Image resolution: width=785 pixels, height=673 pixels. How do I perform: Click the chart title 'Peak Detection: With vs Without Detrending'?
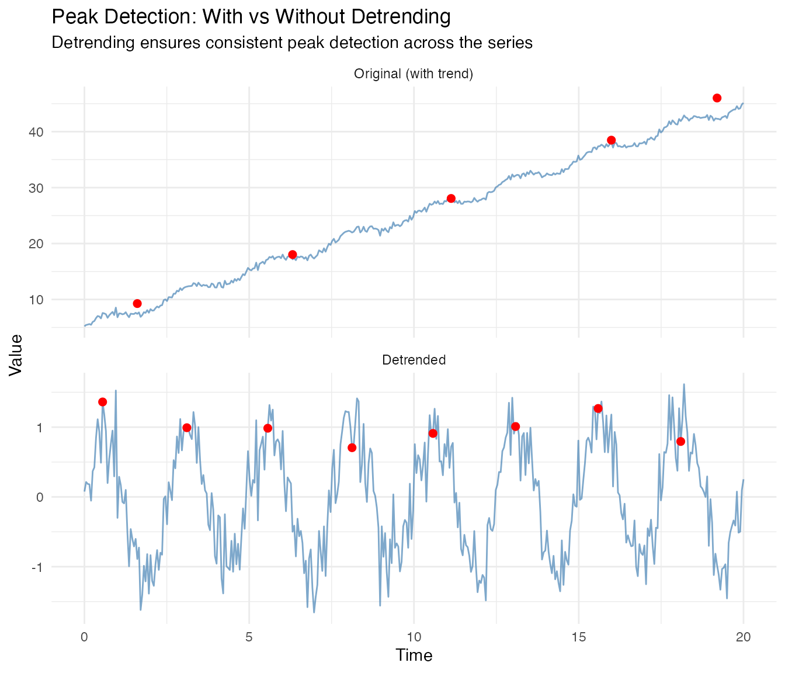tap(251, 17)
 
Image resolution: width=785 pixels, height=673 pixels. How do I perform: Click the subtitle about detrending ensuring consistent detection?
tap(292, 43)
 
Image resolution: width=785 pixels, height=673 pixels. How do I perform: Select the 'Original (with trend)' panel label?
tap(414, 74)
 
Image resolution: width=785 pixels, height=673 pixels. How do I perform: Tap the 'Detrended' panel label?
tap(414, 360)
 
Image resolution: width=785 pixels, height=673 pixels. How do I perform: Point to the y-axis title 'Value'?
tap(16, 355)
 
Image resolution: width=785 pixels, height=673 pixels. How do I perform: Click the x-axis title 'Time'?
tap(414, 655)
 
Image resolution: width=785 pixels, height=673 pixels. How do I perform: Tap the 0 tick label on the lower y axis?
tap(40, 497)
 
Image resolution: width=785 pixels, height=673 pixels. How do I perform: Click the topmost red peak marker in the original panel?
tap(717, 98)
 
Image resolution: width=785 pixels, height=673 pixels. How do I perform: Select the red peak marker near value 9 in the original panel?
tap(137, 303)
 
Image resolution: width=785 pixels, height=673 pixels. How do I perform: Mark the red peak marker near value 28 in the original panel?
tap(451, 199)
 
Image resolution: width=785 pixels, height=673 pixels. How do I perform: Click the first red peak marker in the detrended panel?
tap(103, 402)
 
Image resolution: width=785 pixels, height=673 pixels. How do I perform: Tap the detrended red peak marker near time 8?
tap(352, 447)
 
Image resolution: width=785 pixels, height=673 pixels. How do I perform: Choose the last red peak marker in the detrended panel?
tap(680, 441)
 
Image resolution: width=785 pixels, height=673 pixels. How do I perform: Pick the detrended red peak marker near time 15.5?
tap(598, 408)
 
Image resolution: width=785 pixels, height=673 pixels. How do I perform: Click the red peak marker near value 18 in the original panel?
tap(293, 254)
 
